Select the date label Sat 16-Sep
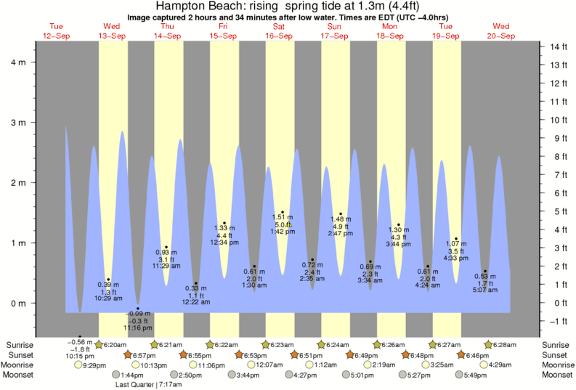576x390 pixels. [280, 31]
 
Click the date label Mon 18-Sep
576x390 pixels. [390, 31]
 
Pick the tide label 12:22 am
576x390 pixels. [196, 302]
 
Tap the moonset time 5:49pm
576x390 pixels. [476, 375]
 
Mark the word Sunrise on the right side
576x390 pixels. [556, 344]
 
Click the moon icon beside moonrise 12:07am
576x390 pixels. [251, 365]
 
